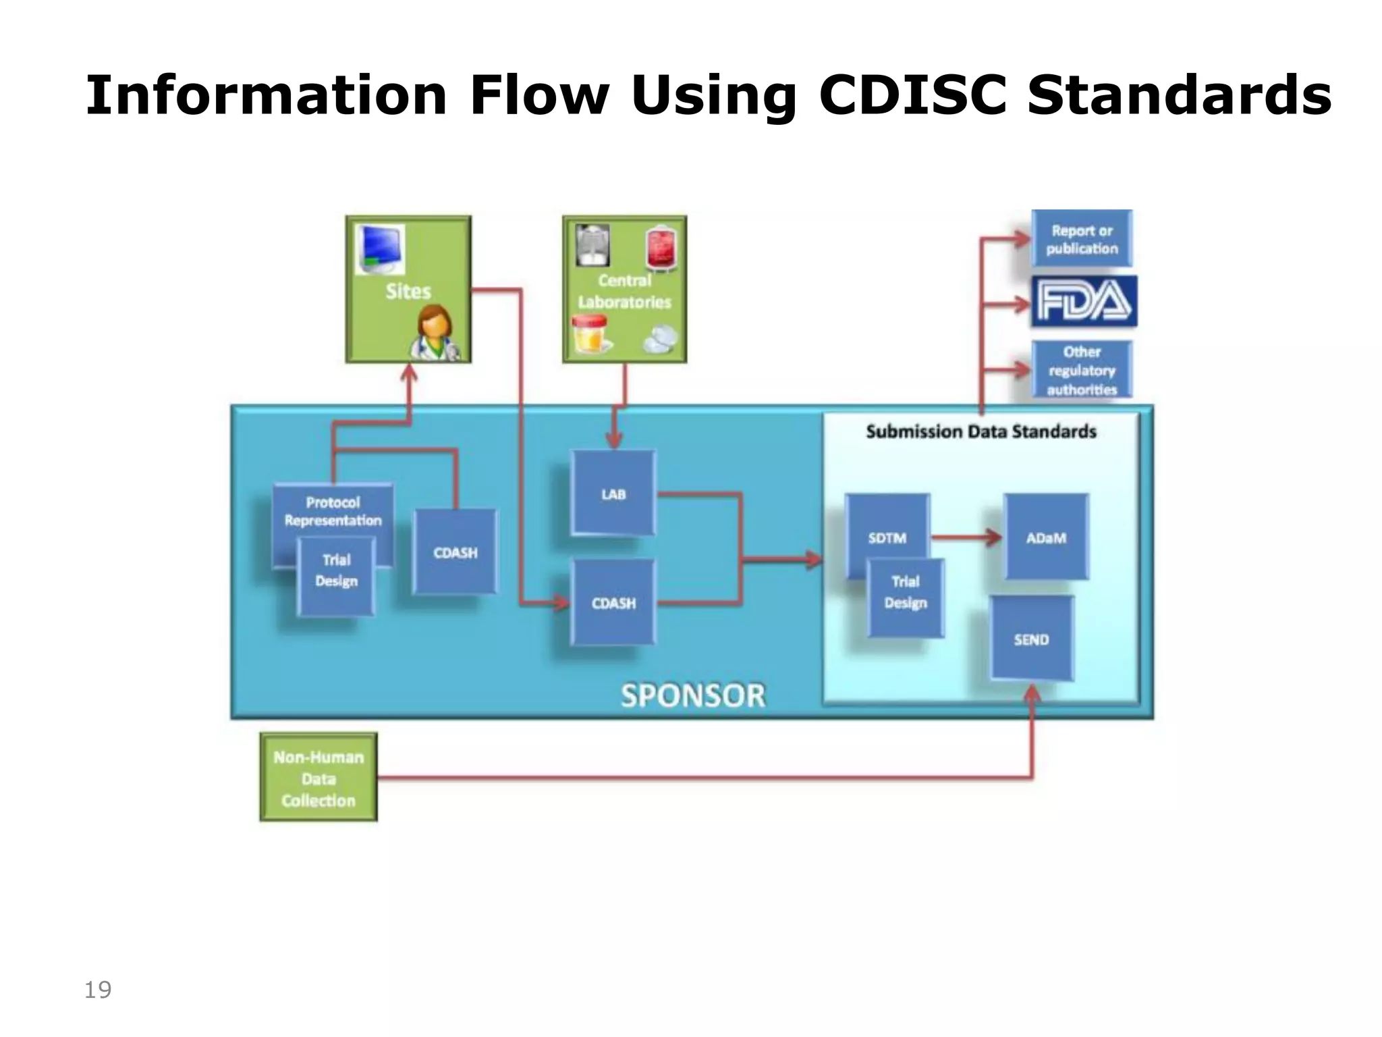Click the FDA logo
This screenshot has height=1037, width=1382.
[x=1084, y=301]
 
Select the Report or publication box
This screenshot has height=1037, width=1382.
[x=1082, y=239]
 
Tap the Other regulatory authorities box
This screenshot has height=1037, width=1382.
[x=1082, y=370]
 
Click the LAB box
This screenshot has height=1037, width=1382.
[x=613, y=494]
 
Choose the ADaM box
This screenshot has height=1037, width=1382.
[x=1046, y=537]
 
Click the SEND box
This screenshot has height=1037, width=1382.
[x=1031, y=639]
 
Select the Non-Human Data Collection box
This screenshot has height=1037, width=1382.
[x=319, y=778]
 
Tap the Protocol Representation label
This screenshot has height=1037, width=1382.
[x=333, y=511]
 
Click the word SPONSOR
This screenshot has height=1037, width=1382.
[x=693, y=695]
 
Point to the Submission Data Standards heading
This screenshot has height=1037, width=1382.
[x=980, y=431]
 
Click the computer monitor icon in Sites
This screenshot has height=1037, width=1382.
[x=381, y=249]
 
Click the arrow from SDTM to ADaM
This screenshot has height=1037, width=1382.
[x=966, y=537]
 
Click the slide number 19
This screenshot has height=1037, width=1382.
[x=98, y=990]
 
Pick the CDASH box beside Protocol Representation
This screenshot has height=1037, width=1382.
[x=455, y=552]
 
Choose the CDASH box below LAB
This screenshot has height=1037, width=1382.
[x=613, y=602]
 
